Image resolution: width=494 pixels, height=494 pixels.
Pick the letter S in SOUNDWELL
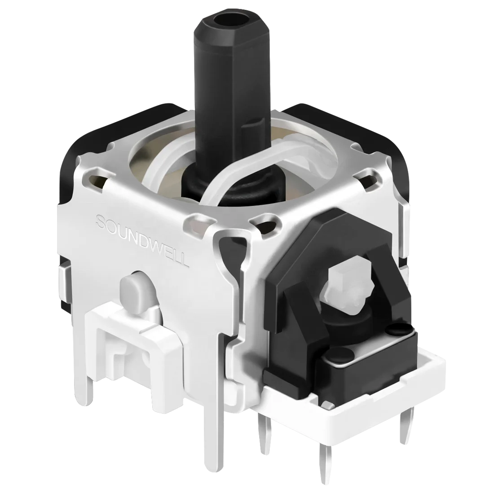pyautogui.click(x=101, y=221)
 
